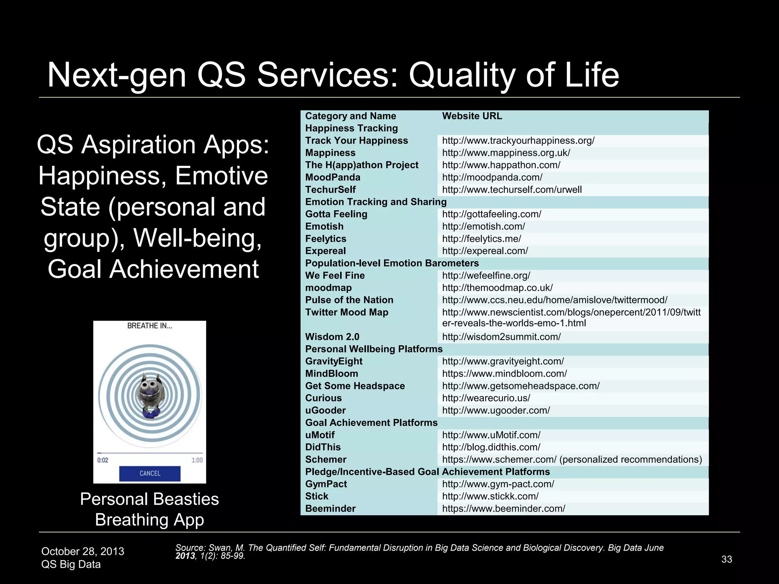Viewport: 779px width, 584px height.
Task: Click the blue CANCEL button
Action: [149, 473]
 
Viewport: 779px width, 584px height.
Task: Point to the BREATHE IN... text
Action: [149, 326]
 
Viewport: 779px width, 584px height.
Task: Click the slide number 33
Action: [727, 559]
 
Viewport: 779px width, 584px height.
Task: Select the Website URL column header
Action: [472, 116]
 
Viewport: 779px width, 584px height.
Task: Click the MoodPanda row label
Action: [332, 177]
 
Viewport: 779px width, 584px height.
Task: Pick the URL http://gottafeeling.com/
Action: [491, 214]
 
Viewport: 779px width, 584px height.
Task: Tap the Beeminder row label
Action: [330, 508]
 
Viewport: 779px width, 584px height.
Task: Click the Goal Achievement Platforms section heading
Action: [371, 422]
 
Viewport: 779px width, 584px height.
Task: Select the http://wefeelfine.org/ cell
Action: [486, 275]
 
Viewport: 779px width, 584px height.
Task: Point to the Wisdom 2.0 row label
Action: [332, 336]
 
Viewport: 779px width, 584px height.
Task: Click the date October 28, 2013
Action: [83, 551]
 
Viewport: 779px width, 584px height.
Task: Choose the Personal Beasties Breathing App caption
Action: [149, 509]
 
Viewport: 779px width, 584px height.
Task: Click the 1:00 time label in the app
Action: [197, 460]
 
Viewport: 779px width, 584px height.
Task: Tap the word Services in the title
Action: [327, 75]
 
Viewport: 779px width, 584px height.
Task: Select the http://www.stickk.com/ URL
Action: [490, 496]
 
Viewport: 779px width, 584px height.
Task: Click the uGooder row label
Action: [325, 410]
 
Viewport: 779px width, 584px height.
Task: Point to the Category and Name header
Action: [350, 116]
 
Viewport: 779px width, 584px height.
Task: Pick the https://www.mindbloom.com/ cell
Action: [504, 373]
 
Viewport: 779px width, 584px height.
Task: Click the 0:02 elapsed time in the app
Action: [103, 460]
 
